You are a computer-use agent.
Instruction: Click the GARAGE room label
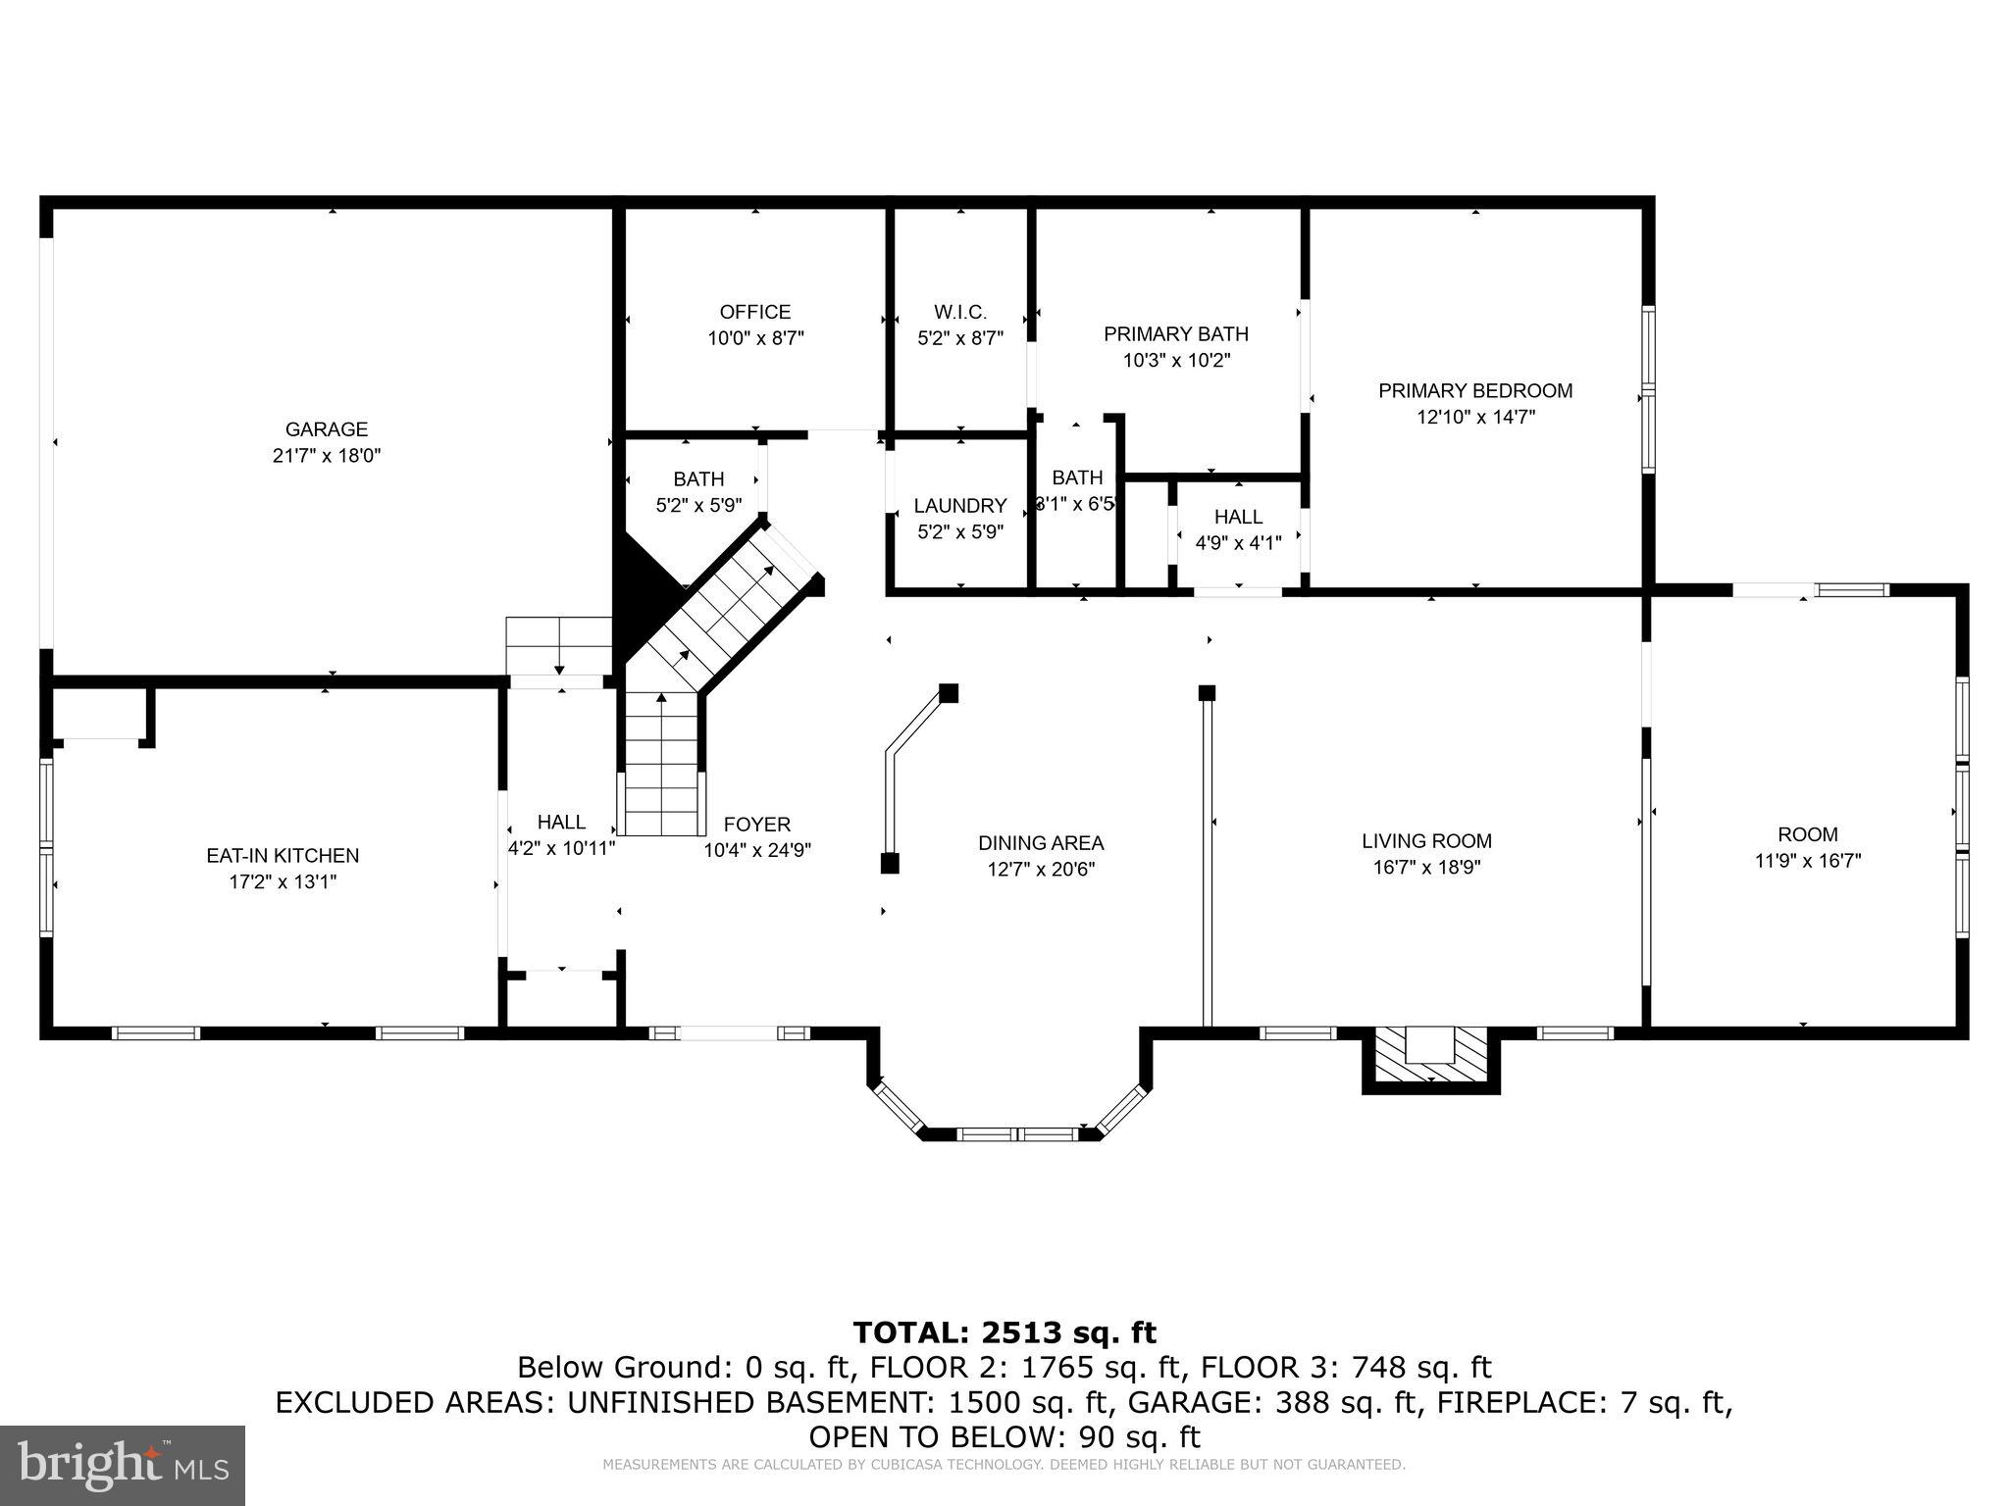tap(327, 429)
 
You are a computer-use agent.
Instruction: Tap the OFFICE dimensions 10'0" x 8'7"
tap(755, 338)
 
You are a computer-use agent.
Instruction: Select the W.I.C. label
tap(959, 313)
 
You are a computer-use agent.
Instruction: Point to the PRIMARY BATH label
tap(1175, 334)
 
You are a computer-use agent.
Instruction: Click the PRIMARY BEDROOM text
tap(1474, 391)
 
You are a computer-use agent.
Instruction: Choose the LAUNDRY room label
tap(959, 506)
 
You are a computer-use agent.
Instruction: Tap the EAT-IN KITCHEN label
tap(283, 856)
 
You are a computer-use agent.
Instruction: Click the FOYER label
tap(756, 825)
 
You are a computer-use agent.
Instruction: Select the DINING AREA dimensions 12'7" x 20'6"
tap(1040, 869)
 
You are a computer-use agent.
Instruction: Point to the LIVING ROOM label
tap(1425, 841)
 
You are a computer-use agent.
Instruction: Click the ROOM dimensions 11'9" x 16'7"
tap(1807, 861)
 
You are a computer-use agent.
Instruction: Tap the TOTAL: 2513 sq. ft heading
tap(1004, 1332)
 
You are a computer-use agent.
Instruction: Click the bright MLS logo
tap(122, 1465)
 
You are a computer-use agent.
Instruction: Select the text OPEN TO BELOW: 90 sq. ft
tap(1004, 1437)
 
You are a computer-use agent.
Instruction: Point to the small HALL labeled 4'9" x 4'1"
tap(1238, 517)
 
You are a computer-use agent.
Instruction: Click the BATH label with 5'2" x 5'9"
tap(698, 479)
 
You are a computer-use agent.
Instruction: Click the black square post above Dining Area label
tap(948, 693)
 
